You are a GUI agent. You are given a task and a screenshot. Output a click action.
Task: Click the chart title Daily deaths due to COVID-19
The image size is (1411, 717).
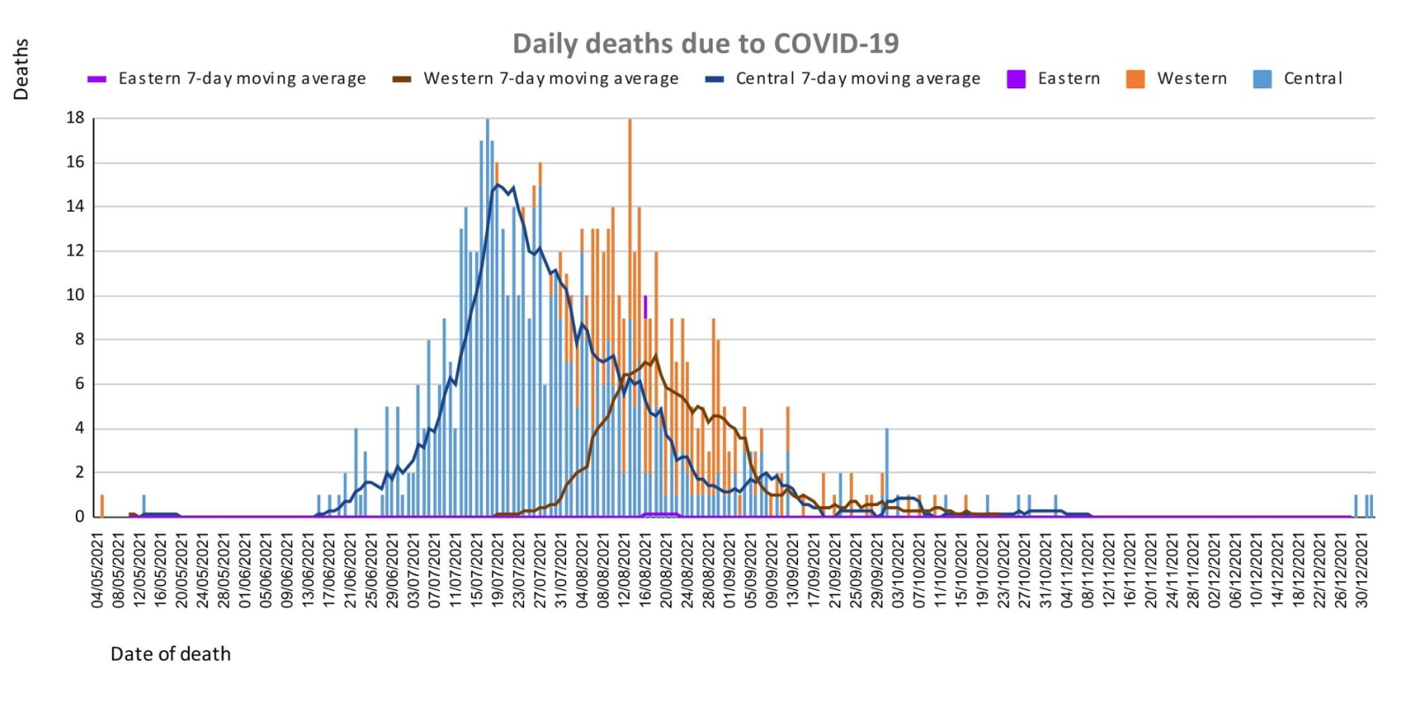tap(705, 43)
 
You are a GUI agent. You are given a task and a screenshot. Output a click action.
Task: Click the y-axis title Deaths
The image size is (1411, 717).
tap(21, 69)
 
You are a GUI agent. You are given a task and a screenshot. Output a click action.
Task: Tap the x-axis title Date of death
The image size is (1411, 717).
tap(170, 654)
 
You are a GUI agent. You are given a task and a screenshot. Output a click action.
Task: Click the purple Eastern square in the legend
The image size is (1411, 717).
tap(1016, 79)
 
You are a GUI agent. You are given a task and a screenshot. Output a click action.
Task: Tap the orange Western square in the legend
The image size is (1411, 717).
tap(1135, 79)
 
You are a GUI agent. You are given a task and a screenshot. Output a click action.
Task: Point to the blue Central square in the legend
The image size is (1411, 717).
tap(1262, 79)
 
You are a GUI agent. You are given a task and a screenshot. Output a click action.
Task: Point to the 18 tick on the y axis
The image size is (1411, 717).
tap(75, 117)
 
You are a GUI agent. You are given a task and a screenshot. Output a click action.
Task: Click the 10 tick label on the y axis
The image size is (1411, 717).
tap(75, 295)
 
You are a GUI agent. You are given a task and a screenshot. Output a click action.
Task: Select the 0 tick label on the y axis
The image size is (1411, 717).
tap(79, 517)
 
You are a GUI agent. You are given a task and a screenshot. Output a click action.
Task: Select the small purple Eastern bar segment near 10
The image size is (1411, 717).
tap(646, 307)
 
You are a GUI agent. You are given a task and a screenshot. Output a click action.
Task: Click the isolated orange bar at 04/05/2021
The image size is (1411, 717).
tap(102, 505)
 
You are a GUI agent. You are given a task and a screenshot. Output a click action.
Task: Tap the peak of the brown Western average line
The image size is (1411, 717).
tap(655, 355)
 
